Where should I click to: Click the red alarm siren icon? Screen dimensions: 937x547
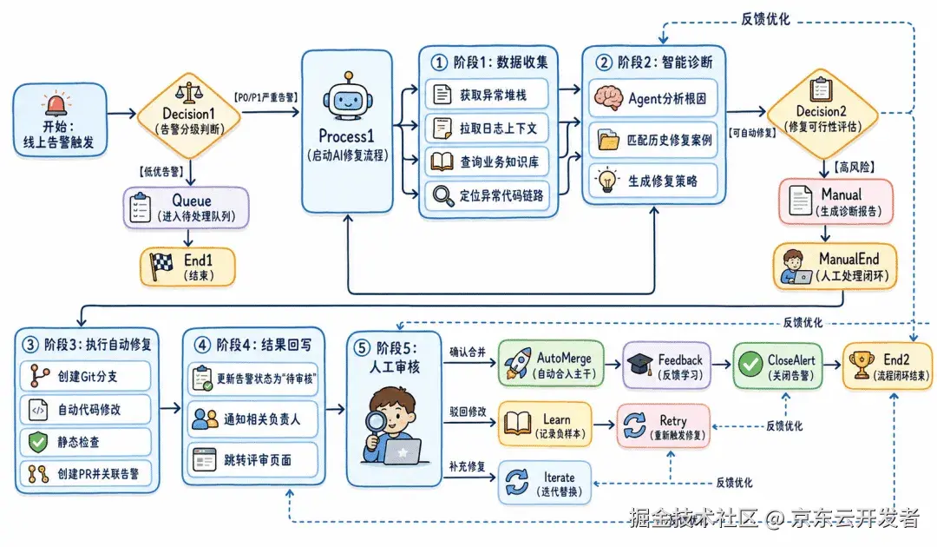click(x=56, y=103)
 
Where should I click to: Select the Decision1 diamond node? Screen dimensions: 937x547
click(x=189, y=115)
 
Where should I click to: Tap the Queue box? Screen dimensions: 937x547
click(x=187, y=208)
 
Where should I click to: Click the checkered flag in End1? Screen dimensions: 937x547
click(x=161, y=266)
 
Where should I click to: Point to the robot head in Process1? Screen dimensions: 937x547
click(x=347, y=99)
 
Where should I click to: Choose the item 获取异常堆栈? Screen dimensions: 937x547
click(x=487, y=95)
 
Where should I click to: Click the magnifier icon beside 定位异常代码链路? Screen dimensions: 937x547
click(x=442, y=195)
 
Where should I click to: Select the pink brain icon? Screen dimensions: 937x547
click(x=608, y=98)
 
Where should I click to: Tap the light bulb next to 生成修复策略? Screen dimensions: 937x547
click(x=607, y=180)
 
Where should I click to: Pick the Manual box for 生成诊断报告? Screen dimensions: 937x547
click(x=836, y=201)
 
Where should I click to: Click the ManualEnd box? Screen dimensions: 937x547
click(x=835, y=267)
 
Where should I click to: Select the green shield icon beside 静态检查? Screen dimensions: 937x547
click(x=38, y=442)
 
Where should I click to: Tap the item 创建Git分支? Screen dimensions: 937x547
click(x=85, y=376)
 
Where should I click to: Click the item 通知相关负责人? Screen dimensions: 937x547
click(x=252, y=419)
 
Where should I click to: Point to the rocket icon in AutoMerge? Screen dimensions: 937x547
click(x=517, y=363)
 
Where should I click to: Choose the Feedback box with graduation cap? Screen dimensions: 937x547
click(x=667, y=366)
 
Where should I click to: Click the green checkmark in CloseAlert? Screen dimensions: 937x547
click(x=750, y=364)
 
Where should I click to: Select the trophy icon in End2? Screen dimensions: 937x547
click(x=862, y=364)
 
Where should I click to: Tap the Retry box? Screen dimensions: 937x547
click(x=664, y=425)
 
